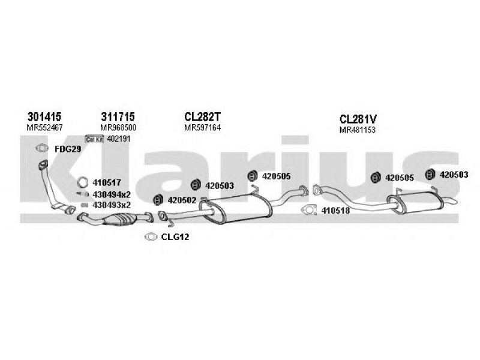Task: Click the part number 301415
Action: click(45, 116)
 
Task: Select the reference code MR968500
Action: click(118, 128)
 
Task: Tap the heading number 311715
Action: click(118, 116)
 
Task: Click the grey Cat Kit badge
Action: click(95, 139)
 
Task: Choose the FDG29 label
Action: click(67, 148)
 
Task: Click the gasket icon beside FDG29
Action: click(42, 149)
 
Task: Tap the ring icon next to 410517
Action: click(83, 182)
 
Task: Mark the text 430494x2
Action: click(112, 194)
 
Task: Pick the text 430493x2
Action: click(112, 205)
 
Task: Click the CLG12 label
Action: click(175, 237)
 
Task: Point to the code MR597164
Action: click(202, 128)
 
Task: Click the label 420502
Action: click(182, 200)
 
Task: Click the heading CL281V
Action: click(358, 119)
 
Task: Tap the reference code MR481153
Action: click(358, 130)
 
